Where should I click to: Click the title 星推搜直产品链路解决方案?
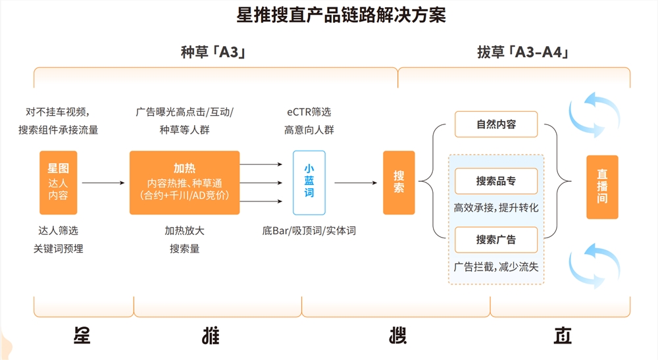pyautogui.click(x=341, y=15)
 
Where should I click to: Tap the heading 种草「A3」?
pyautogui.click(x=213, y=52)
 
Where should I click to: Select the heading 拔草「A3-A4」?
pyautogui.click(x=523, y=52)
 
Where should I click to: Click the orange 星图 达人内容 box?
pyautogui.click(x=59, y=182)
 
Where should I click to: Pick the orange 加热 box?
pyautogui.click(x=185, y=182)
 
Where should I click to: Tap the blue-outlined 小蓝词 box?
pyautogui.click(x=309, y=182)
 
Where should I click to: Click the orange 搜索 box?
pyautogui.click(x=399, y=182)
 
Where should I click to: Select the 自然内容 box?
pyautogui.click(x=496, y=124)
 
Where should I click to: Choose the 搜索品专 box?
pyautogui.click(x=496, y=181)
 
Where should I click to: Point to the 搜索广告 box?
pyautogui.click(x=496, y=240)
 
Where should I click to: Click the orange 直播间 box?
pyautogui.click(x=602, y=187)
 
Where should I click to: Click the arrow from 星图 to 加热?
pyautogui.click(x=103, y=183)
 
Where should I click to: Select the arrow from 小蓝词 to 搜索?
pyautogui.click(x=356, y=183)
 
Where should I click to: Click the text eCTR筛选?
pyautogui.click(x=309, y=112)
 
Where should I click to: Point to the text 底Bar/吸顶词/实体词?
pyautogui.click(x=309, y=231)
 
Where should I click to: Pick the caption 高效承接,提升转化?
pyautogui.click(x=496, y=208)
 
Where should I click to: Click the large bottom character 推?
pyautogui.click(x=211, y=336)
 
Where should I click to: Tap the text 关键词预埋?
pyautogui.click(x=59, y=249)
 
